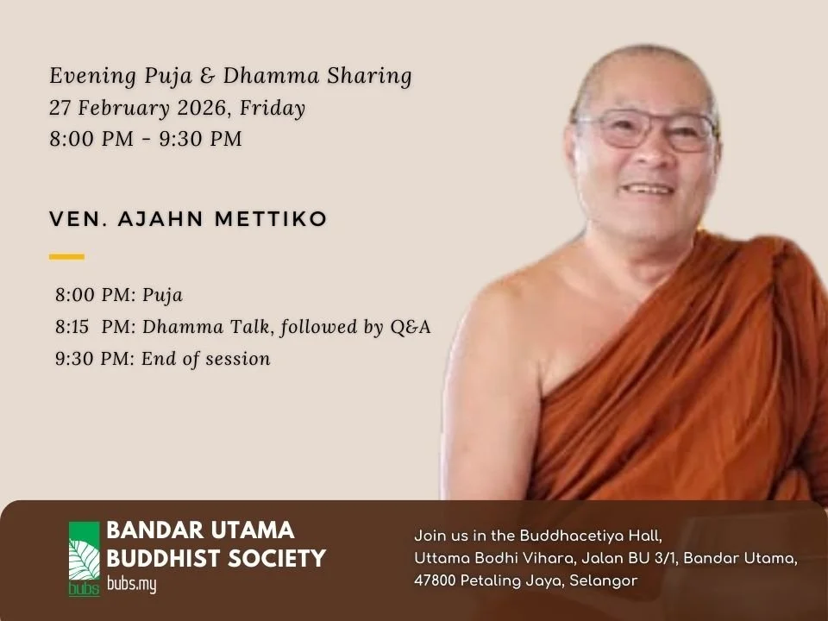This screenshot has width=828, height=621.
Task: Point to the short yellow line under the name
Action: point(66,256)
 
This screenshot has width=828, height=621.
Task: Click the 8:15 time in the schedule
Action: point(75,327)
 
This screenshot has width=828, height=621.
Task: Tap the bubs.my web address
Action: point(131,584)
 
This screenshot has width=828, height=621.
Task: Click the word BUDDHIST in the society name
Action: point(163,558)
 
